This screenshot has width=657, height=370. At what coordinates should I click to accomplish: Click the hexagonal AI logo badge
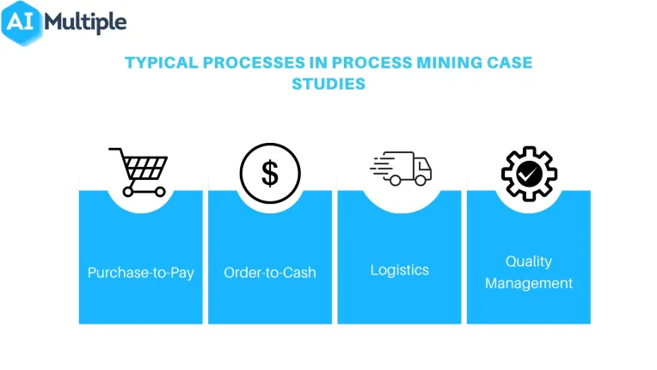(21, 23)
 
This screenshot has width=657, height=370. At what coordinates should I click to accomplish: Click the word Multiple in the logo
(85, 22)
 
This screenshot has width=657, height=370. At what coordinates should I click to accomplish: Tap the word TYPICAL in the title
(162, 63)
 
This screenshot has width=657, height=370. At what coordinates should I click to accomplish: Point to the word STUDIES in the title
(328, 84)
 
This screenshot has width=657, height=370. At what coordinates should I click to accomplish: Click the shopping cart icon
(138, 172)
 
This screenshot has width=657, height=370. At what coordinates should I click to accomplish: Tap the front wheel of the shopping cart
(160, 192)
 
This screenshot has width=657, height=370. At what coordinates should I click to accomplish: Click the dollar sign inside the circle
(270, 173)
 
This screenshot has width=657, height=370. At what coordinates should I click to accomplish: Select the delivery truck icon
(401, 169)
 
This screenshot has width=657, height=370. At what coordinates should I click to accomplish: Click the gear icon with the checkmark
(529, 174)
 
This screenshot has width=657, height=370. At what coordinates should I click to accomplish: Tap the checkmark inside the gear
(529, 174)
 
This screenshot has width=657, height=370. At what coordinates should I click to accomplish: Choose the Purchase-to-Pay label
(141, 273)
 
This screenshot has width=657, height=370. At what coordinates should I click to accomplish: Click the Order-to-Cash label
(270, 273)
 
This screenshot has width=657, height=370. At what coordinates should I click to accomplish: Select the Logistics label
(400, 270)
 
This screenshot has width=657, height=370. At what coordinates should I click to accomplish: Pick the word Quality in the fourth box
(529, 262)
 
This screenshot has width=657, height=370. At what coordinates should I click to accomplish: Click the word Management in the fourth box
(529, 283)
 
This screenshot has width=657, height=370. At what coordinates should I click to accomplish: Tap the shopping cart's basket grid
(145, 168)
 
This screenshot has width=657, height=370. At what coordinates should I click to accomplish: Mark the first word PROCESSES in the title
(254, 63)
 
